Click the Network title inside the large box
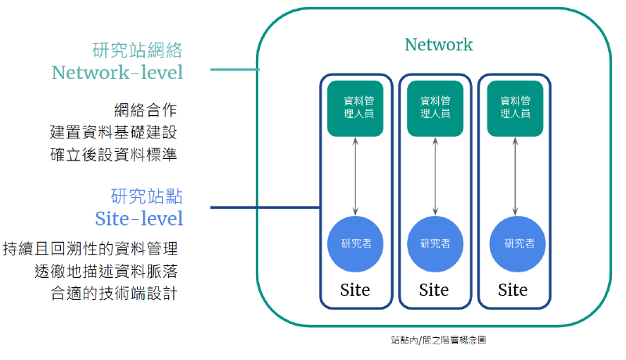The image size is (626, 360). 438,45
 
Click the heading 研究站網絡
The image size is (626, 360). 138,51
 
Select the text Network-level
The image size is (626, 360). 117,73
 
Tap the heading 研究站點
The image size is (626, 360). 147,196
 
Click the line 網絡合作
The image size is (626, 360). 146,110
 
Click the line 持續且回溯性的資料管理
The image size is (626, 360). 91,249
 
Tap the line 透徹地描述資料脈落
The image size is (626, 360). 106,272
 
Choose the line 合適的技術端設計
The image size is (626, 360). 114,293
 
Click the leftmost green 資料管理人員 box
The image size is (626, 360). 356,108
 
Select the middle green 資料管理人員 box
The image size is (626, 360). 435,108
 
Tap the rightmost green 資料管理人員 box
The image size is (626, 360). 514,108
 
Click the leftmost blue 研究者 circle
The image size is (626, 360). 356,243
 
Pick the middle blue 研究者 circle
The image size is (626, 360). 435,243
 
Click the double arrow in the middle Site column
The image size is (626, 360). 435,176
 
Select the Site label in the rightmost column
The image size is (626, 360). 513,290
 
